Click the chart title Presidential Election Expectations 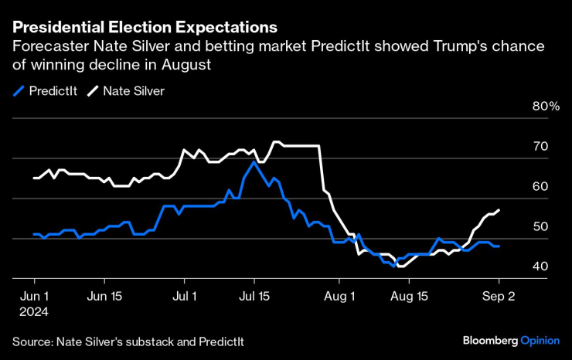pyautogui.click(x=145, y=27)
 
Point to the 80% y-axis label pyautogui.click(x=546, y=106)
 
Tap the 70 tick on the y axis pyautogui.click(x=540, y=146)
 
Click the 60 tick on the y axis pyautogui.click(x=540, y=186)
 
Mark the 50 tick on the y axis pyautogui.click(x=540, y=226)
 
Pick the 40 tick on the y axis pyautogui.click(x=540, y=267)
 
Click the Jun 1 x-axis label pyautogui.click(x=34, y=295)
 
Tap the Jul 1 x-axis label pyautogui.click(x=185, y=295)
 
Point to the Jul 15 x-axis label pyautogui.click(x=254, y=295)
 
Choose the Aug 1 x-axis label pyautogui.click(x=339, y=295)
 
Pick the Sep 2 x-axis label pyautogui.click(x=499, y=295)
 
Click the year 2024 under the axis pyautogui.click(x=34, y=311)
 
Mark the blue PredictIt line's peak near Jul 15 pyautogui.click(x=254, y=161)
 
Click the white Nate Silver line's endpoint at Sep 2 pyautogui.click(x=499, y=210)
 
